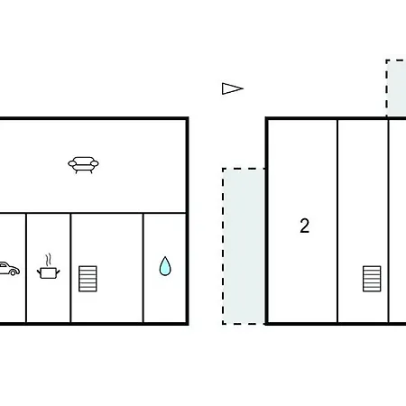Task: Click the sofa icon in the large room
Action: point(83,165)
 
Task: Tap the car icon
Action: point(9,269)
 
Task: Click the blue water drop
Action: point(165,266)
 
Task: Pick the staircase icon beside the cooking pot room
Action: point(88,279)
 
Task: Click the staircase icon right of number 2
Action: point(372,279)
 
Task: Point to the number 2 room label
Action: point(305,226)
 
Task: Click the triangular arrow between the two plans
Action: point(233,88)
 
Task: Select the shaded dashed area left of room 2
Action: point(244,246)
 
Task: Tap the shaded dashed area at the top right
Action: point(396,88)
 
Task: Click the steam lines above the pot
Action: point(48,260)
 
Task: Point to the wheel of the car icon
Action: point(14,272)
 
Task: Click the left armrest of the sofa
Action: point(72,163)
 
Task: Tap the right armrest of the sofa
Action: point(95,163)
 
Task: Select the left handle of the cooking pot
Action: point(39,272)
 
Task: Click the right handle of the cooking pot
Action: point(58,272)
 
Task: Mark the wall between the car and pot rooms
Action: point(26,268)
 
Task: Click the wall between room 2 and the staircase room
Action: point(337,221)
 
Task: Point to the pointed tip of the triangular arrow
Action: point(244,88)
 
